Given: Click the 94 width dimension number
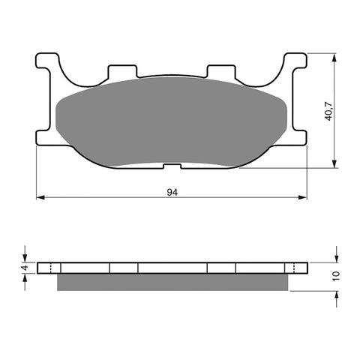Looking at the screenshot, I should tap(172, 192).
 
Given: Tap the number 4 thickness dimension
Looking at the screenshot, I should tap(24, 268).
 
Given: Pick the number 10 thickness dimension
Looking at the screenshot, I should tap(337, 276).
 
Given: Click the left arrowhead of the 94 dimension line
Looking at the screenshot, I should tap(40, 198).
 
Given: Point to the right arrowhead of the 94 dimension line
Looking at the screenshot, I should tap(304, 198).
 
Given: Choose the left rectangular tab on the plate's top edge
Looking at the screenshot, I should tap(123, 73).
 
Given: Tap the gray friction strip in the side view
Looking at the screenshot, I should tap(172, 282).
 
